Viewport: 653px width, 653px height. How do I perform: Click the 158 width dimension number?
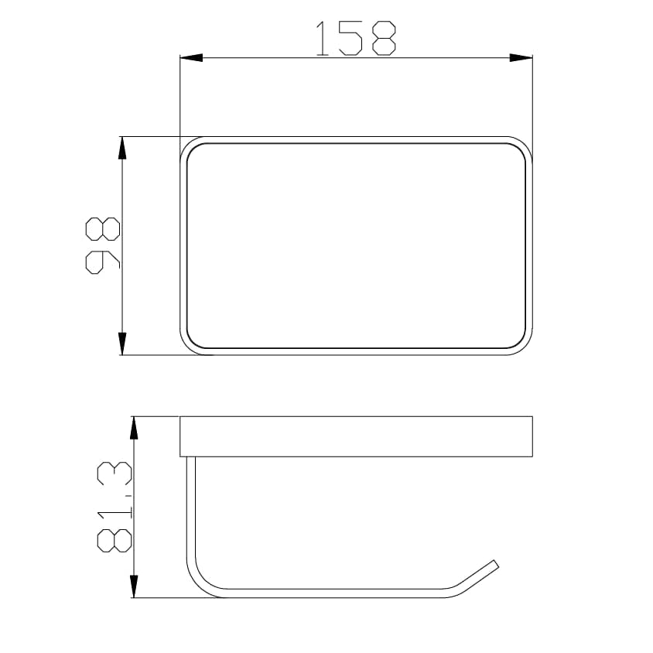tap(356, 39)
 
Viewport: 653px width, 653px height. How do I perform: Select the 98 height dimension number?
tap(103, 245)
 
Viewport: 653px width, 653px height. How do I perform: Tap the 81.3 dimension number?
tap(114, 506)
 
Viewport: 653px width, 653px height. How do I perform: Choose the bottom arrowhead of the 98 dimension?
tap(121, 344)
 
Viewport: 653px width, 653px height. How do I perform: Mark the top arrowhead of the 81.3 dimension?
tap(134, 427)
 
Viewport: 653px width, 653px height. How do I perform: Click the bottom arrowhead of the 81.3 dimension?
tap(134, 586)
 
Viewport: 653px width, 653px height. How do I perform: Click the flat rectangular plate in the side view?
tap(356, 436)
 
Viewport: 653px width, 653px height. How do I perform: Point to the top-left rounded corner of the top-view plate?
tap(190, 147)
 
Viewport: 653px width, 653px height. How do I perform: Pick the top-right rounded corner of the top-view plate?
tap(524, 147)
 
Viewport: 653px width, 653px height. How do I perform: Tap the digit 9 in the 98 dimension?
tap(103, 262)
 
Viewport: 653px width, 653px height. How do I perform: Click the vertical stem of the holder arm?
tap(191, 511)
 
